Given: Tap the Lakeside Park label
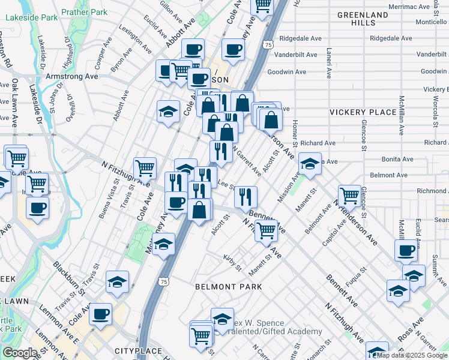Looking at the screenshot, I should click(32, 18).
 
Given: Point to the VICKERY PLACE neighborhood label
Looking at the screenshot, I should click(363, 112).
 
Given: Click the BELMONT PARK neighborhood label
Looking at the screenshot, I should click(229, 287).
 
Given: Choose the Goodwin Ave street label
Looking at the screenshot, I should click(287, 72).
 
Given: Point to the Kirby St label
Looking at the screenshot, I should click(232, 262).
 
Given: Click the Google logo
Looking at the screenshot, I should click(19, 353).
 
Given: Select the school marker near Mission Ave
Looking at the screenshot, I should click(309, 163).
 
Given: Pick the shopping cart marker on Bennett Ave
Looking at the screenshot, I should click(265, 229).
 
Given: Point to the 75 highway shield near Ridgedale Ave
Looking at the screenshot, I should click(268, 44).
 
